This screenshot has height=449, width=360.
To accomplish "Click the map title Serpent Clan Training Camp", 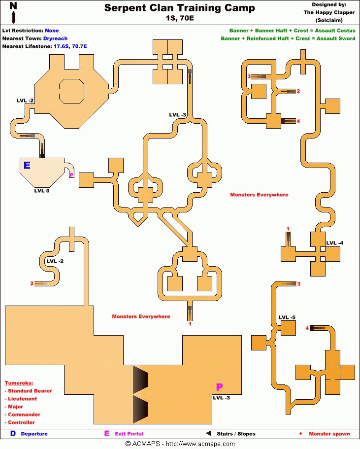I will (x=180, y=8).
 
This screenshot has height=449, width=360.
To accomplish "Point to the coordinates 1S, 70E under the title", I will (x=180, y=19).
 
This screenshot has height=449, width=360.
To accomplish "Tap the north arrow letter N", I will (x=13, y=6).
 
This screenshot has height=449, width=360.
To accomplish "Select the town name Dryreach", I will (x=55, y=38).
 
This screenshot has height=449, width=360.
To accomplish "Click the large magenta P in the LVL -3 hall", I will (x=220, y=387).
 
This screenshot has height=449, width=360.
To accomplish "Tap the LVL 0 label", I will (x=41, y=190).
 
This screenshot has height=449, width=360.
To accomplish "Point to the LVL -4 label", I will (x=335, y=243).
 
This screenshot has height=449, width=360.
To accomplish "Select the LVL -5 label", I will (x=287, y=317).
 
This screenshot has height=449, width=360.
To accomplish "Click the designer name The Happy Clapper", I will (x=329, y=13).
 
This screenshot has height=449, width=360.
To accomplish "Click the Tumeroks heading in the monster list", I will (x=19, y=383).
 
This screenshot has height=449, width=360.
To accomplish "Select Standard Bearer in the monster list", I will (x=30, y=391).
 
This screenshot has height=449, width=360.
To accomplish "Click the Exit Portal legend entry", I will (x=129, y=434).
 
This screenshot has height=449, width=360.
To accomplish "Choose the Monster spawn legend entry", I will (x=329, y=434).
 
